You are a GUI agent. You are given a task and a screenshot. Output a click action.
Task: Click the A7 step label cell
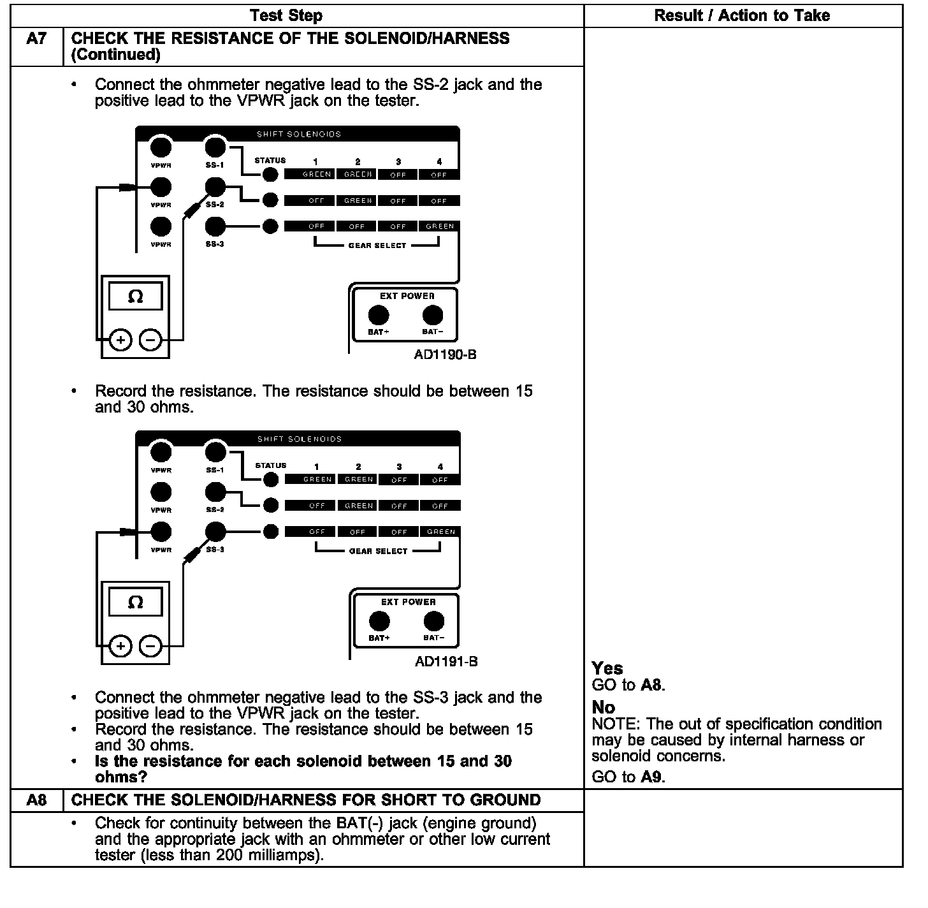click(36, 40)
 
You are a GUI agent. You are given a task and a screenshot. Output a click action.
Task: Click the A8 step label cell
click(36, 800)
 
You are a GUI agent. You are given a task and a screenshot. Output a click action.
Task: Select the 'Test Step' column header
click(286, 16)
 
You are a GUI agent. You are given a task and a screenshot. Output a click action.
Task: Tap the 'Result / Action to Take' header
click(742, 16)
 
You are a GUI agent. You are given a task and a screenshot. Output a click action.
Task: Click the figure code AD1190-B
click(445, 355)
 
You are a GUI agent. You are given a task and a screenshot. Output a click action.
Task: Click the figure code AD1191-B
click(446, 662)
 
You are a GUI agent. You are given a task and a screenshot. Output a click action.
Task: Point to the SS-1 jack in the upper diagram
click(215, 147)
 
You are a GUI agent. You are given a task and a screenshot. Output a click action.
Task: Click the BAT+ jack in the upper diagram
click(379, 316)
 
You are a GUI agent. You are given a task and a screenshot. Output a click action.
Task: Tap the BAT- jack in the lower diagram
click(434, 621)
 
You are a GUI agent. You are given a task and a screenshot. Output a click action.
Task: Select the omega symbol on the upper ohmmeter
click(135, 297)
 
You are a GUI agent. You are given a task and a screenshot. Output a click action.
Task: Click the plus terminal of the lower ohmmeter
click(120, 647)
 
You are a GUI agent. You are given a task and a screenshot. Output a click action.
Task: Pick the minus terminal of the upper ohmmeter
click(150, 340)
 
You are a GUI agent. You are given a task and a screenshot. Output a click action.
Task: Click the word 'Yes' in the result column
click(607, 668)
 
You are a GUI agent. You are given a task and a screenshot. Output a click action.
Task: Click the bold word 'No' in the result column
click(603, 707)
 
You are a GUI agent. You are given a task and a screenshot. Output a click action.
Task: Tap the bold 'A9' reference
click(652, 777)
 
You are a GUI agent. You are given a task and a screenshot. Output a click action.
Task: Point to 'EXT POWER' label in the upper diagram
click(407, 296)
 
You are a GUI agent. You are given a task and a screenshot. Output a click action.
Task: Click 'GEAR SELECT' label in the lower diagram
click(378, 551)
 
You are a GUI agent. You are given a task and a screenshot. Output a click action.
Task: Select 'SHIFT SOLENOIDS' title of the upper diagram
click(299, 135)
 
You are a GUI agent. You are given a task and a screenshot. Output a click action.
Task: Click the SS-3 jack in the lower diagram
click(216, 531)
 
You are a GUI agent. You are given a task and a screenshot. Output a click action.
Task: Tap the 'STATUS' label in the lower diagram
click(270, 465)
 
